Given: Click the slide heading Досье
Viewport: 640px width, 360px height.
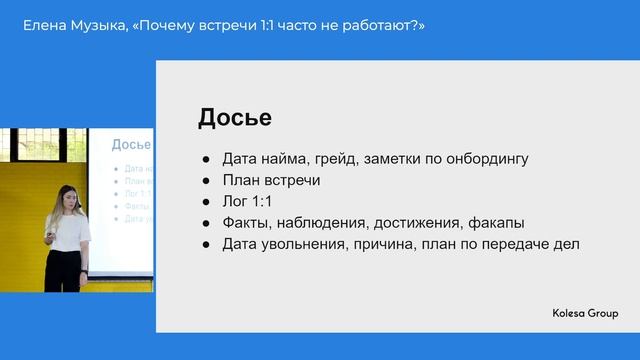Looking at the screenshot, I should pos(234,117).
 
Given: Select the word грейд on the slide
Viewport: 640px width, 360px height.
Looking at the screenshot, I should pos(336,158).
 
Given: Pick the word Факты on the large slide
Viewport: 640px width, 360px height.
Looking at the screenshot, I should pos(246,223).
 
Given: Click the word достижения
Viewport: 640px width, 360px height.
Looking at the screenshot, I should pos(419,223).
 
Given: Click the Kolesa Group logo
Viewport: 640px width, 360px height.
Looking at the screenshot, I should pos(585,314).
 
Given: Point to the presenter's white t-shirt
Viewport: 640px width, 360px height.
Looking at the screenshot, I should pos(69,232).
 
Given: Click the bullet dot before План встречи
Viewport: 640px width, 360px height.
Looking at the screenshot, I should pos(205,181).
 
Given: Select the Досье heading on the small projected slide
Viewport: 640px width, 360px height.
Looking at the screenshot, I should pos(131,145).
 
